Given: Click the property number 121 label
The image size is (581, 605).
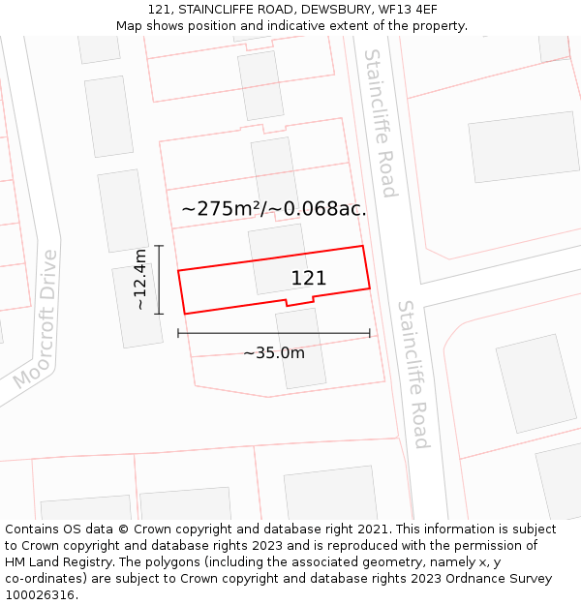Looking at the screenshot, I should [x=309, y=279].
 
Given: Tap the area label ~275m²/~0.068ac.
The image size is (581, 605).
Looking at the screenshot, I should [x=274, y=208].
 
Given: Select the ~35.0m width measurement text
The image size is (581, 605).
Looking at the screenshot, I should [x=274, y=353].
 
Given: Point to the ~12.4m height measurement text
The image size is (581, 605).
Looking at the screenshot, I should [x=140, y=280].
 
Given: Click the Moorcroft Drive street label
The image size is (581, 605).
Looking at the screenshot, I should [x=37, y=319].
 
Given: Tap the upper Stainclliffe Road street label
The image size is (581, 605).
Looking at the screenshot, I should [x=381, y=122].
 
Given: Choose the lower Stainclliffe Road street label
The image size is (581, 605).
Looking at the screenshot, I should [x=413, y=375].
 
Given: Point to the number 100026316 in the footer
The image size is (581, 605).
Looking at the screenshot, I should [x=41, y=595].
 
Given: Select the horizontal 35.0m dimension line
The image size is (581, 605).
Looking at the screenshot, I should [x=274, y=333].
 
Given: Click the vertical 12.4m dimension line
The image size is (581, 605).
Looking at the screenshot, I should [x=159, y=280].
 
